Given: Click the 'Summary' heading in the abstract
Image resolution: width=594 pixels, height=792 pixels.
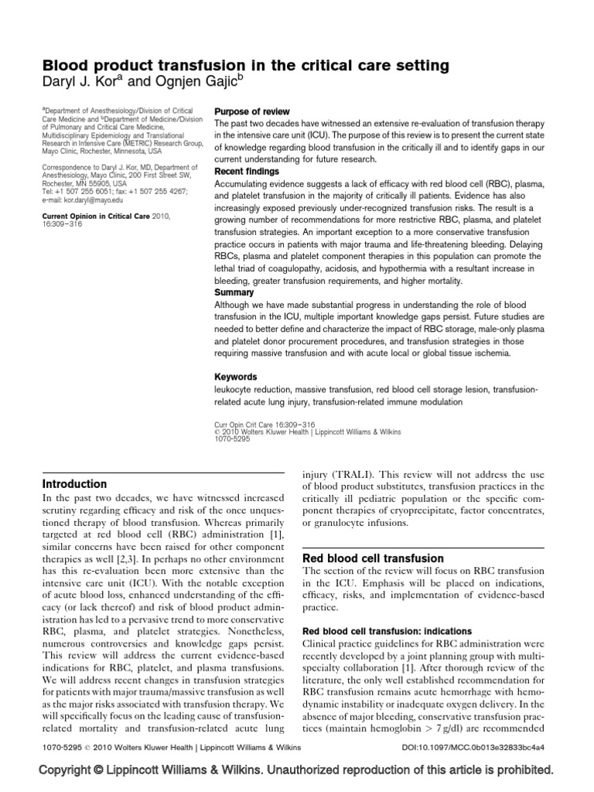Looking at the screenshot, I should (x=234, y=293).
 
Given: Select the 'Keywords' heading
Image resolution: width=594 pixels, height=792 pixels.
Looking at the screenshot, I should (x=235, y=377).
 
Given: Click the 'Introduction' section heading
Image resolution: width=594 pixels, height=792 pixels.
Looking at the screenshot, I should (x=74, y=484).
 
